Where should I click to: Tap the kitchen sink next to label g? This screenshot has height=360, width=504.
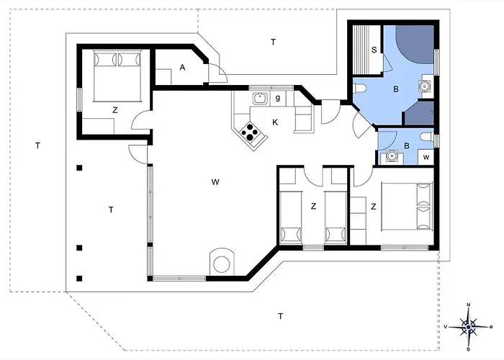point(260,98)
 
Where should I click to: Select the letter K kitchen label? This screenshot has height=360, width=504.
point(275,122)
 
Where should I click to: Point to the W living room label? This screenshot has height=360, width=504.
point(215,182)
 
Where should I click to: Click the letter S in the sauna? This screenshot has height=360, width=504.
point(374,50)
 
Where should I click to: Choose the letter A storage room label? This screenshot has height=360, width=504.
point(182,68)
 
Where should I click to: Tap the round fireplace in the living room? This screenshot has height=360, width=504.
point(222,264)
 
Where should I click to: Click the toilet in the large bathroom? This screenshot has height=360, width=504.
point(359,88)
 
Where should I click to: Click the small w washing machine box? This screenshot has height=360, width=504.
point(426,157)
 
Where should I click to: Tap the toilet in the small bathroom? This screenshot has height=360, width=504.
point(428,137)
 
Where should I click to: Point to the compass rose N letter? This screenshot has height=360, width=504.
point(468,305)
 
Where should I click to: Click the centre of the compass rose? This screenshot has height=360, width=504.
point(469,327)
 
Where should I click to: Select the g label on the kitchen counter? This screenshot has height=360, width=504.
point(278,97)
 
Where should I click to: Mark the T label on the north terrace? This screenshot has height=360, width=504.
point(273,42)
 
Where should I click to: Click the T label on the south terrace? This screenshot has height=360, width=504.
point(280,316)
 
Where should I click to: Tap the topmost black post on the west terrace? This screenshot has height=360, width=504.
point(79,168)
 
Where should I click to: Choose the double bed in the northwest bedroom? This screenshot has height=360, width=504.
point(117,76)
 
